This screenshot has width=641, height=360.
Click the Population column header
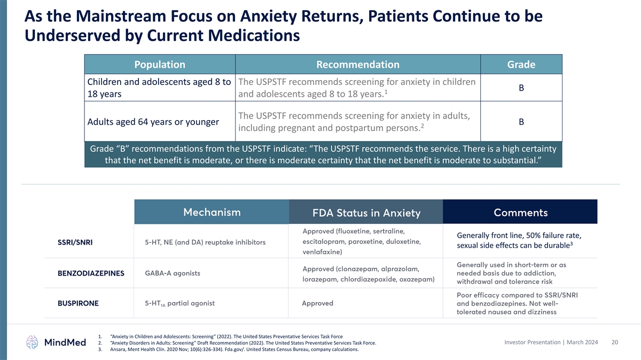coord(160,65)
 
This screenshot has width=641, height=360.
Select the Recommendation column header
coord(357,65)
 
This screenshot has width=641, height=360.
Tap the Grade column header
coord(521,65)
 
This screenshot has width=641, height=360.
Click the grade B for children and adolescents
coord(521,88)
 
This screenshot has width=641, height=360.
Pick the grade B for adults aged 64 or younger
coord(521,122)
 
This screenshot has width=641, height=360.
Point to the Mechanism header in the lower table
coord(212,212)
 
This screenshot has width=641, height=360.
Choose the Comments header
coord(520,213)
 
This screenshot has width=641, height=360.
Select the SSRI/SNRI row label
coord(75,242)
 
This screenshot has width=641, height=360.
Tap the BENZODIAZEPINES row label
coord(91,273)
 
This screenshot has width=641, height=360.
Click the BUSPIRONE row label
coord(79,303)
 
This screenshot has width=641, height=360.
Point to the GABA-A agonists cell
coord(173,273)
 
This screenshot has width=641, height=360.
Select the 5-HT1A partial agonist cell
coord(179,303)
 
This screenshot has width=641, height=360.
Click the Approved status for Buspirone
coord(317,303)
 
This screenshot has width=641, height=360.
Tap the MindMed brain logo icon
coord(33,342)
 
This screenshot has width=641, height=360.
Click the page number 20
coord(614,342)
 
